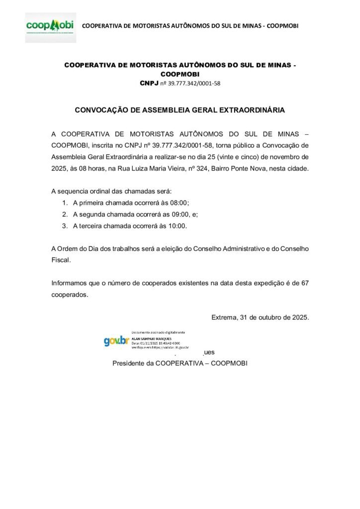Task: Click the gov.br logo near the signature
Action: (116, 341)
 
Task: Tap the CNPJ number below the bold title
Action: (193, 84)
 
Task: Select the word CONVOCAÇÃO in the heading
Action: (99, 110)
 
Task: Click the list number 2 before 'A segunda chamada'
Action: (65, 214)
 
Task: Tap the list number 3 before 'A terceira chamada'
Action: (65, 226)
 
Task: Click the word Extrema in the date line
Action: (224, 317)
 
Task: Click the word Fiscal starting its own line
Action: (61, 260)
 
